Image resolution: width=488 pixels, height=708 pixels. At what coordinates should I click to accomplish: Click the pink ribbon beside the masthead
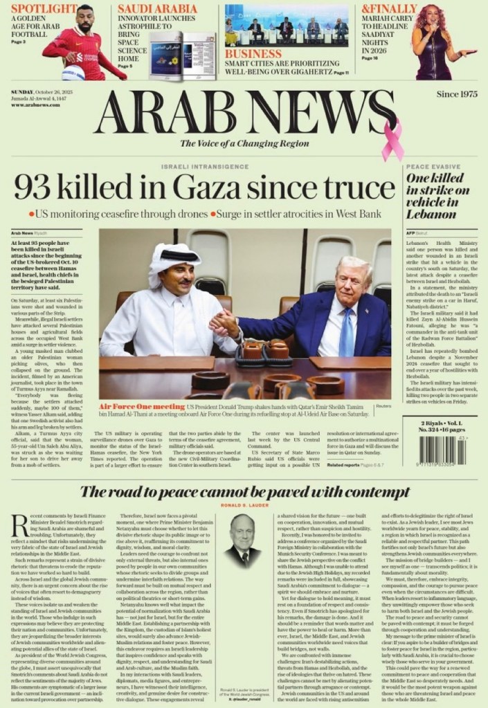pos(392,140)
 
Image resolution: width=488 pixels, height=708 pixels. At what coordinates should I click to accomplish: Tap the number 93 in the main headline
pos(35,188)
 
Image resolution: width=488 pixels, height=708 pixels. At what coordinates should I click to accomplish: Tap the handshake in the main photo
pos(224,323)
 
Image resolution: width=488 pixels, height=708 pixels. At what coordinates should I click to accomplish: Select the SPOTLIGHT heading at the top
pos(43,9)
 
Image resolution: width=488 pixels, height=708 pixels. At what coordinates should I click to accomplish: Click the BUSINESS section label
pos(253,54)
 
